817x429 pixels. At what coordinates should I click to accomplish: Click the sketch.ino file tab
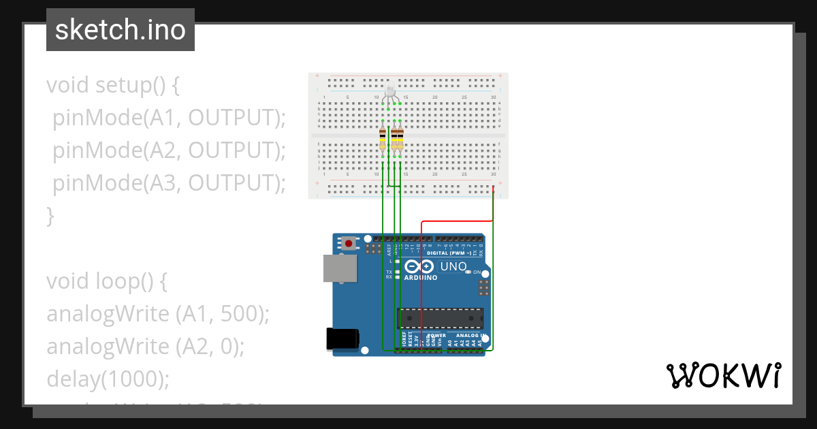coord(120,30)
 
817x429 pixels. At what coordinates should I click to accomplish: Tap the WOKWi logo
coord(723,375)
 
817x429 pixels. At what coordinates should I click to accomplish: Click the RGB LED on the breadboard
coord(389,92)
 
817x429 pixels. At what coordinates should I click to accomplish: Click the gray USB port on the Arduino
coord(339,268)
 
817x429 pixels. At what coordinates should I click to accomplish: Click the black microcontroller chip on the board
coord(440,318)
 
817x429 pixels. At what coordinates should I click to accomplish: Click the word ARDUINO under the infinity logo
coord(420,278)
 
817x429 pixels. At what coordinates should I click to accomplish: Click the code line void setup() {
coord(113,86)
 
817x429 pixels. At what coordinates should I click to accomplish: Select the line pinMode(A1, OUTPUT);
coord(169,118)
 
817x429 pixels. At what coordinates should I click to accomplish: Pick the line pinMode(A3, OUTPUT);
coord(169,183)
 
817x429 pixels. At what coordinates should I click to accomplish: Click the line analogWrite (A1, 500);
coord(158,314)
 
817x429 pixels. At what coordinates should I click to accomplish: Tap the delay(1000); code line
coord(108,379)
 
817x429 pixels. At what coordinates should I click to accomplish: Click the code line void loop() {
coord(106,281)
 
